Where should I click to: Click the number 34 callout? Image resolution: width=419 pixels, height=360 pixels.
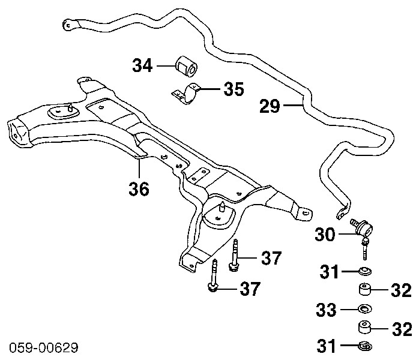pos(143,65)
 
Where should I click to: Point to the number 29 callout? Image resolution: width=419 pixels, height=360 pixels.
pos(270,107)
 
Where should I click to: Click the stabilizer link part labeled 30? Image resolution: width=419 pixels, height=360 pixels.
pos(364,230)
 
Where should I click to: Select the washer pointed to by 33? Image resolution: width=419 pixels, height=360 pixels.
pos(364,310)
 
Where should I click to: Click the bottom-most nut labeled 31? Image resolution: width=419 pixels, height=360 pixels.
pos(364,346)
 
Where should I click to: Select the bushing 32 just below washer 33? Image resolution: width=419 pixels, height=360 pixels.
pos(364,328)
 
